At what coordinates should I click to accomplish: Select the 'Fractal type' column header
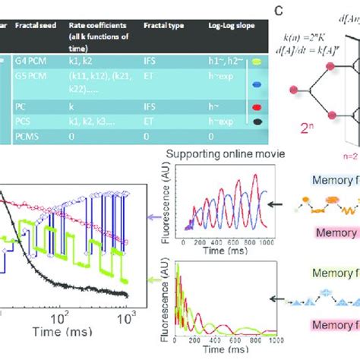(163, 25)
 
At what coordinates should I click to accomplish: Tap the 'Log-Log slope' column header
(218, 25)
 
